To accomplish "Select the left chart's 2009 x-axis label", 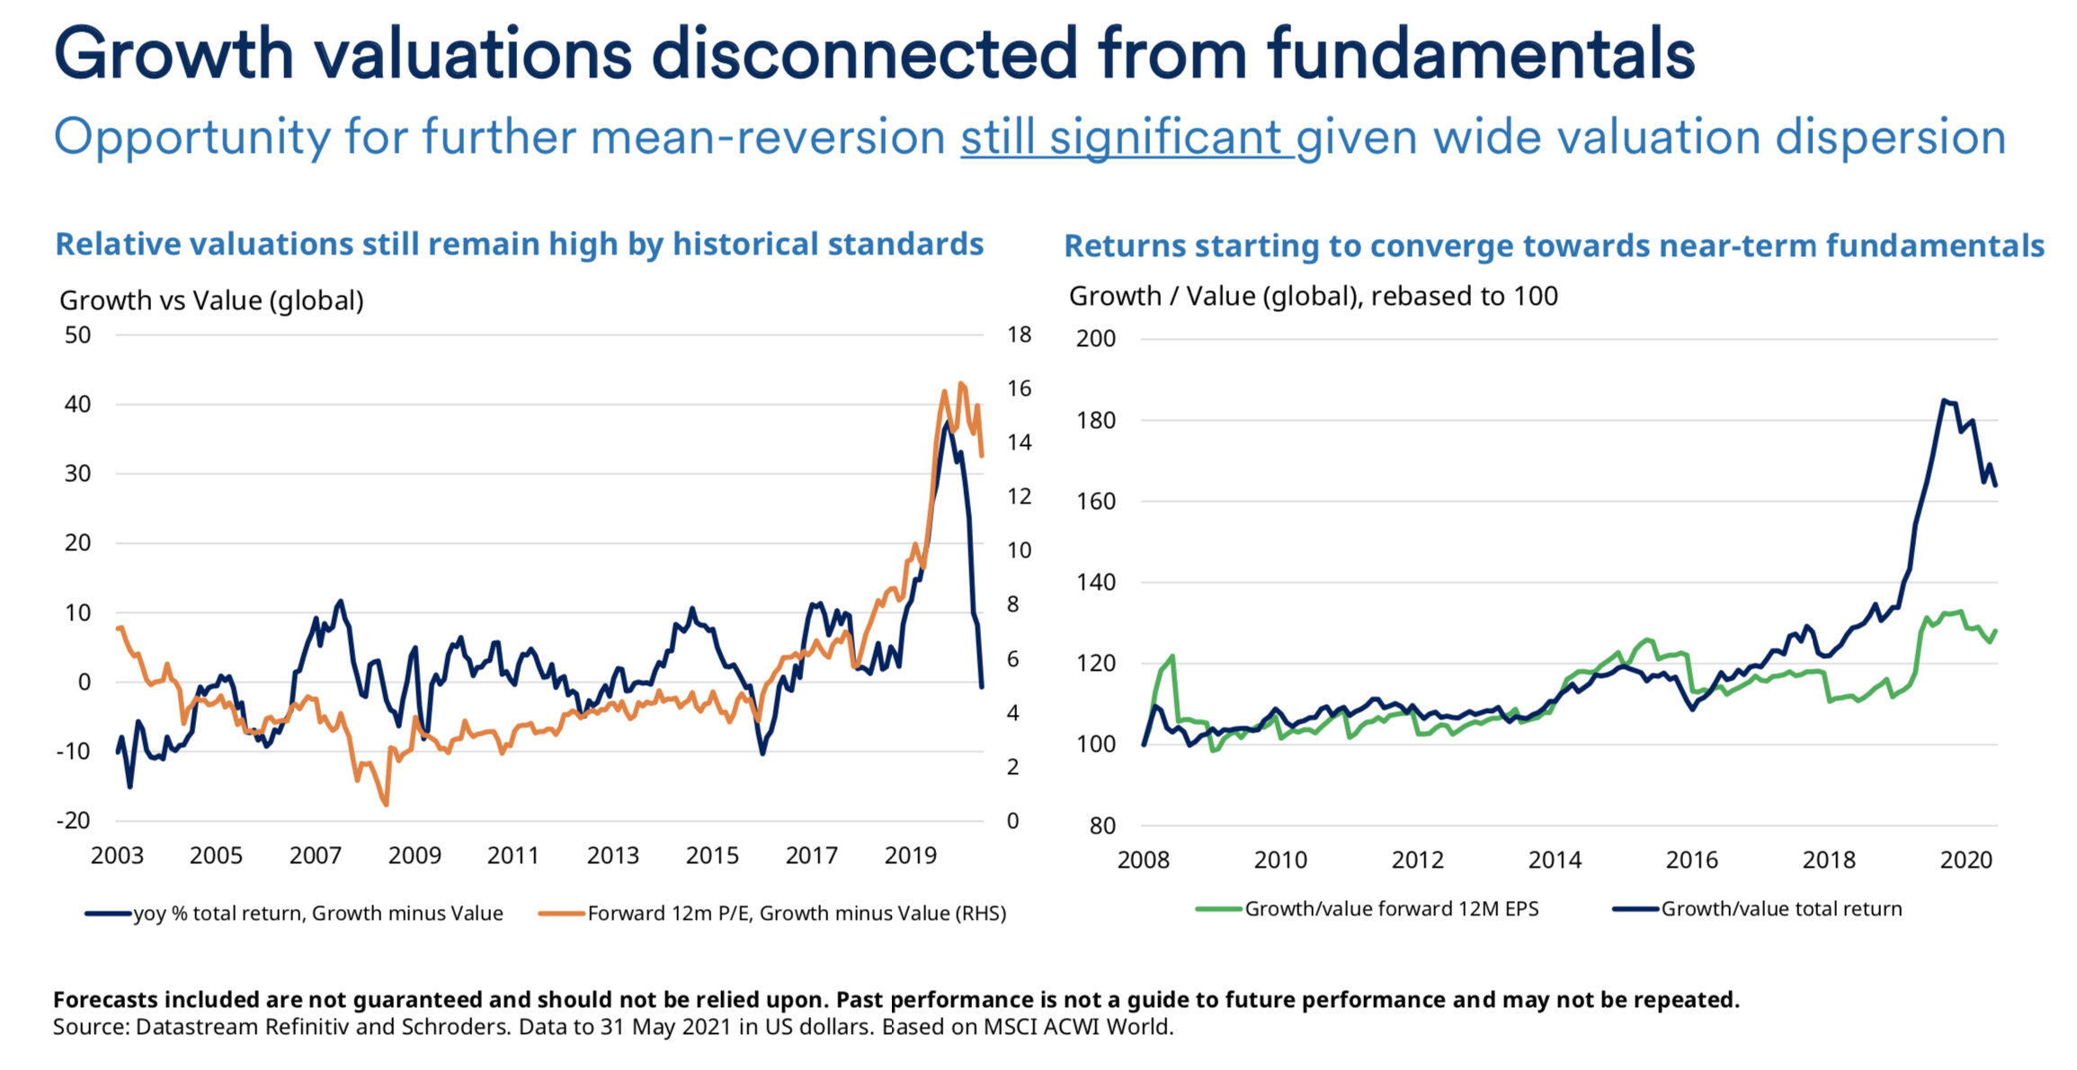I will click(415, 855).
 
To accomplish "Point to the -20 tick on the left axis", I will click(74, 820).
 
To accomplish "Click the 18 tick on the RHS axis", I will click(1019, 335).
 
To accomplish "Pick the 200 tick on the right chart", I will click(1095, 339).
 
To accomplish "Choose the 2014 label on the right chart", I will click(1555, 860).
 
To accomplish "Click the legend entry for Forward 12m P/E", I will click(796, 914).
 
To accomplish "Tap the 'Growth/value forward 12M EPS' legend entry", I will click(1390, 909).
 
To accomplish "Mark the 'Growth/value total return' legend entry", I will click(1780, 909).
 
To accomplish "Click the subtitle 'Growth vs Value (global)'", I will click(211, 300).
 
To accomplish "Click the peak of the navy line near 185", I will click(1943, 400).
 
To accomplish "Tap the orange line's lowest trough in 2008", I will click(386, 804).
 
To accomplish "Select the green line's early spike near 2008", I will click(1172, 656).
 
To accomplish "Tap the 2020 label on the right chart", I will click(1966, 860).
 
